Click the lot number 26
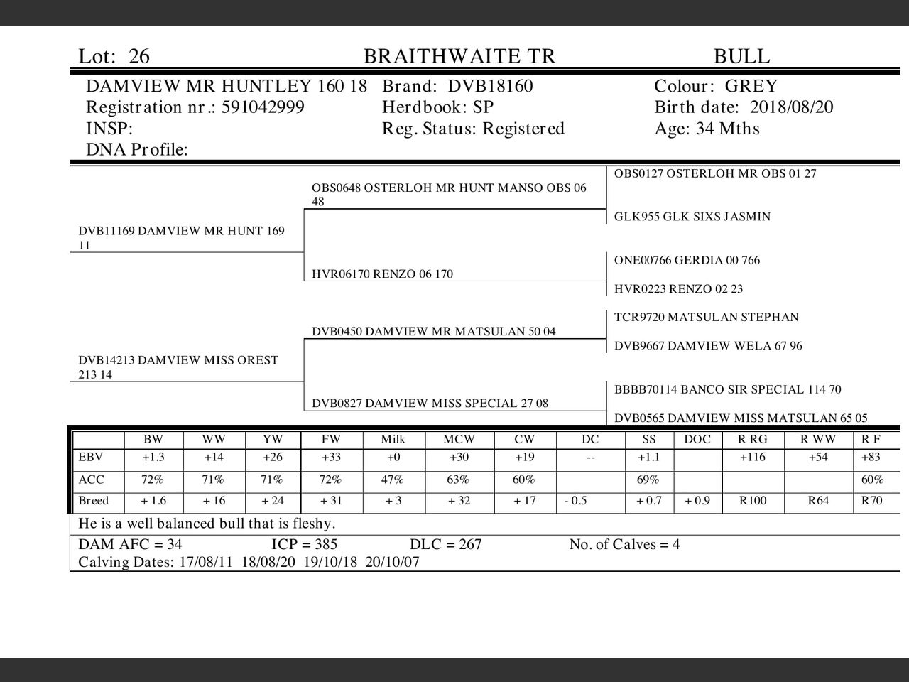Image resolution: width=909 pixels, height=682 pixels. click(139, 57)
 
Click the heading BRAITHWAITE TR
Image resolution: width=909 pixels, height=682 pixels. click(459, 57)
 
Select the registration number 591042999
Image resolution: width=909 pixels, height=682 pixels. click(263, 107)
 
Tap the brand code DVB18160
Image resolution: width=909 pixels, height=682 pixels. click(490, 87)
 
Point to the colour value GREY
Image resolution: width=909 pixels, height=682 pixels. click(751, 87)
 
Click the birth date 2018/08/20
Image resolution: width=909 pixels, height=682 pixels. click(791, 107)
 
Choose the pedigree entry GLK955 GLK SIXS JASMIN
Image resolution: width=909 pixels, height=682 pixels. click(692, 217)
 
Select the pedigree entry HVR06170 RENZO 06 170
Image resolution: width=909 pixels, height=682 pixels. click(382, 274)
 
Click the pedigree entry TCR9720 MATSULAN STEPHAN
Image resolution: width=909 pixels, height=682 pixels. click(706, 318)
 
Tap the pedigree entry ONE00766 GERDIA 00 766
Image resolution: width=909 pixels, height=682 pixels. click(687, 260)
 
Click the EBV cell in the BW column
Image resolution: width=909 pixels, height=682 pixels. click(153, 458)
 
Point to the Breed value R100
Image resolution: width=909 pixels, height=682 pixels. click(753, 501)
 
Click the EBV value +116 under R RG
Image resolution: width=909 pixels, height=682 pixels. click(753, 458)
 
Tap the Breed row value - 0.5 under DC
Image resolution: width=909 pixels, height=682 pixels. click(576, 501)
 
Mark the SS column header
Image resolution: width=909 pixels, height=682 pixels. click(648, 440)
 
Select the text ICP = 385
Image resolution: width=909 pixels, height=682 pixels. click(304, 545)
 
